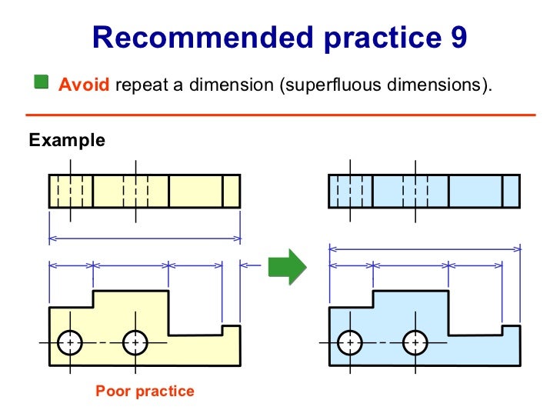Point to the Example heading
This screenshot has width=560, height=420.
click(x=66, y=141)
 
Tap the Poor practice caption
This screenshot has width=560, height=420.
click(x=145, y=391)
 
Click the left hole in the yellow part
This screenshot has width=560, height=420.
click(x=70, y=341)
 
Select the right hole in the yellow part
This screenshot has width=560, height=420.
click(x=135, y=341)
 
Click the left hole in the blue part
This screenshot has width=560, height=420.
click(x=350, y=341)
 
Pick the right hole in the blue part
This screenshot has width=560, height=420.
click(x=415, y=341)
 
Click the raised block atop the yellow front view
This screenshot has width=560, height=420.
click(x=131, y=300)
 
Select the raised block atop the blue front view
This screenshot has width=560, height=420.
click(x=411, y=300)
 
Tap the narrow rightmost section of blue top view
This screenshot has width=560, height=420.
click(x=511, y=190)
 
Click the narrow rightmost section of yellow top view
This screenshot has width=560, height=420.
click(x=232, y=190)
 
